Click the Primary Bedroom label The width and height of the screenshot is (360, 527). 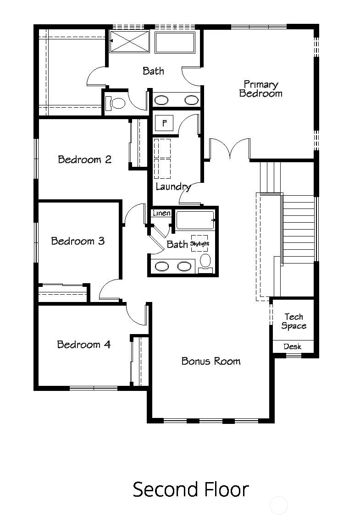point(260,89)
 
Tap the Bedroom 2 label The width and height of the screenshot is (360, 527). point(84,159)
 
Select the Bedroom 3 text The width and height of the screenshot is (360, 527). point(78,241)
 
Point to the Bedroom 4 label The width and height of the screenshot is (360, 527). point(83,344)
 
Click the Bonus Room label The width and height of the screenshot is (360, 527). point(210,361)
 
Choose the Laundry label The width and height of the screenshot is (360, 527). point(173,187)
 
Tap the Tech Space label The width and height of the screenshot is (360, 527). point(294,321)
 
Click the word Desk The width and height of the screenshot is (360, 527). point(292,346)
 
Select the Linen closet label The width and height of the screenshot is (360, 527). point(161,213)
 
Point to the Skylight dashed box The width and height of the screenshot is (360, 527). point(199,243)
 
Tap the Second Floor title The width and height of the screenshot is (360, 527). point(190,489)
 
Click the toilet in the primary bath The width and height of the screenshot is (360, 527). point(116,103)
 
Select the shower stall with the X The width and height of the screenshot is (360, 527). point(130,42)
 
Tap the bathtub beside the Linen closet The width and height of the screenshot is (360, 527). point(195,220)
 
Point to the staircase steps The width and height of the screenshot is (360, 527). point(299,229)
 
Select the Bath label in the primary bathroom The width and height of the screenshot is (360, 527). point(153,71)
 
